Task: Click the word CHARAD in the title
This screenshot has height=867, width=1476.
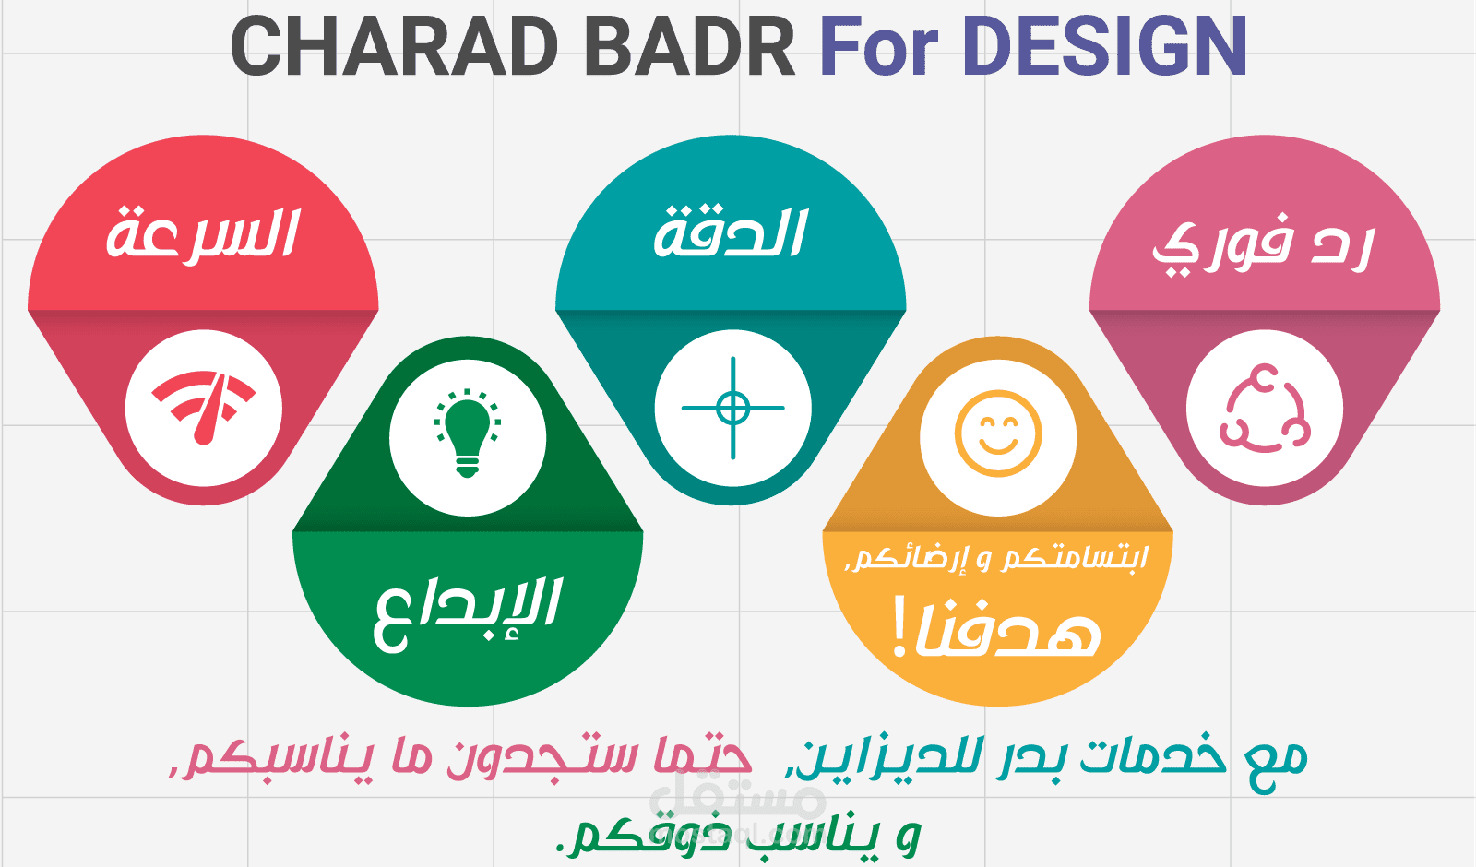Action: (x=395, y=46)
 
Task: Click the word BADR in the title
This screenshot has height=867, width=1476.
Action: (x=690, y=46)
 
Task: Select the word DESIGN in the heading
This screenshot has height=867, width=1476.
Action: (x=1105, y=46)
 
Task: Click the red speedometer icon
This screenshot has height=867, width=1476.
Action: (x=204, y=408)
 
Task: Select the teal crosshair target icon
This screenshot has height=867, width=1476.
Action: (x=732, y=408)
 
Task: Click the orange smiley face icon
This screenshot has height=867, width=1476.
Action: (x=998, y=433)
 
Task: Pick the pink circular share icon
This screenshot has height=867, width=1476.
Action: (x=1264, y=408)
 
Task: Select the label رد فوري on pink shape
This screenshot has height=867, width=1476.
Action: (x=1264, y=245)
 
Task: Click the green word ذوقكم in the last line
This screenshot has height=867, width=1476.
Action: (x=650, y=835)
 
